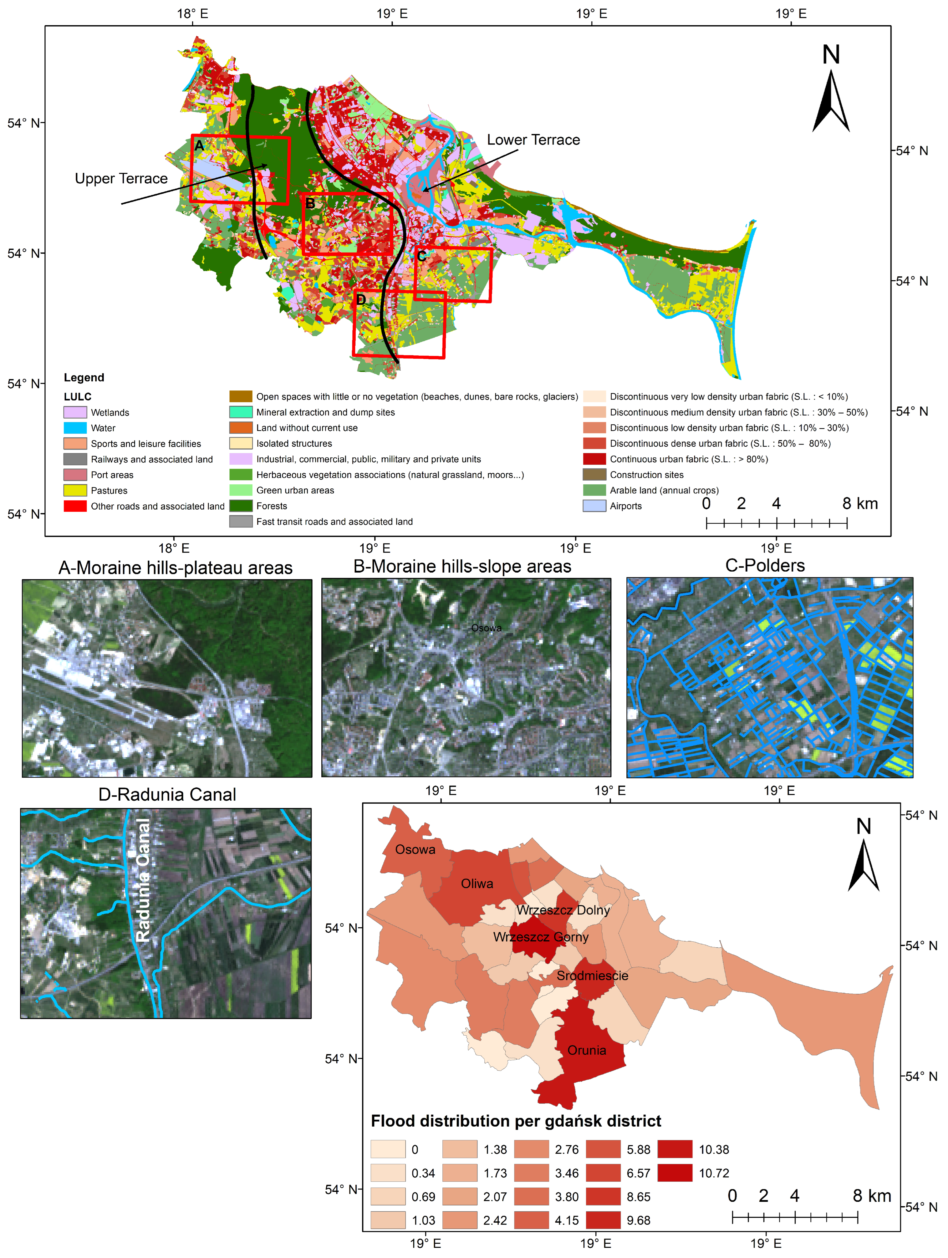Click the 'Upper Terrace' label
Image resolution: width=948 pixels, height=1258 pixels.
coord(121,178)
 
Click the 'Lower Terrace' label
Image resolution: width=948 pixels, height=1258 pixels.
coord(533,140)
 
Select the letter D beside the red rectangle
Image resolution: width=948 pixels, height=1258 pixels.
coord(361,300)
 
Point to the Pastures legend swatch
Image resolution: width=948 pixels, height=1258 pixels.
coord(75,490)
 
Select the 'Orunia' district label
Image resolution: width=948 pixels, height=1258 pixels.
coord(587,1050)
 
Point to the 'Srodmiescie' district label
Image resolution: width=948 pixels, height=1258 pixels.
coord(592,976)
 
